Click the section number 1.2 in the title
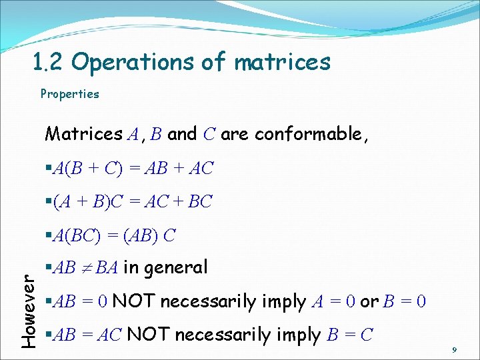tap(49, 62)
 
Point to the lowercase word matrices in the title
tap(283, 62)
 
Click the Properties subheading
tap(69, 94)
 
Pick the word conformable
tap(311, 134)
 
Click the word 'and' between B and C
tap(182, 134)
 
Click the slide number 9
tap(453, 349)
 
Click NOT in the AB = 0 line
tap(134, 302)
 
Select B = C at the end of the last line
tap(349, 335)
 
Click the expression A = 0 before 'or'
tap(332, 302)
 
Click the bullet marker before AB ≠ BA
tap(48, 268)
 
